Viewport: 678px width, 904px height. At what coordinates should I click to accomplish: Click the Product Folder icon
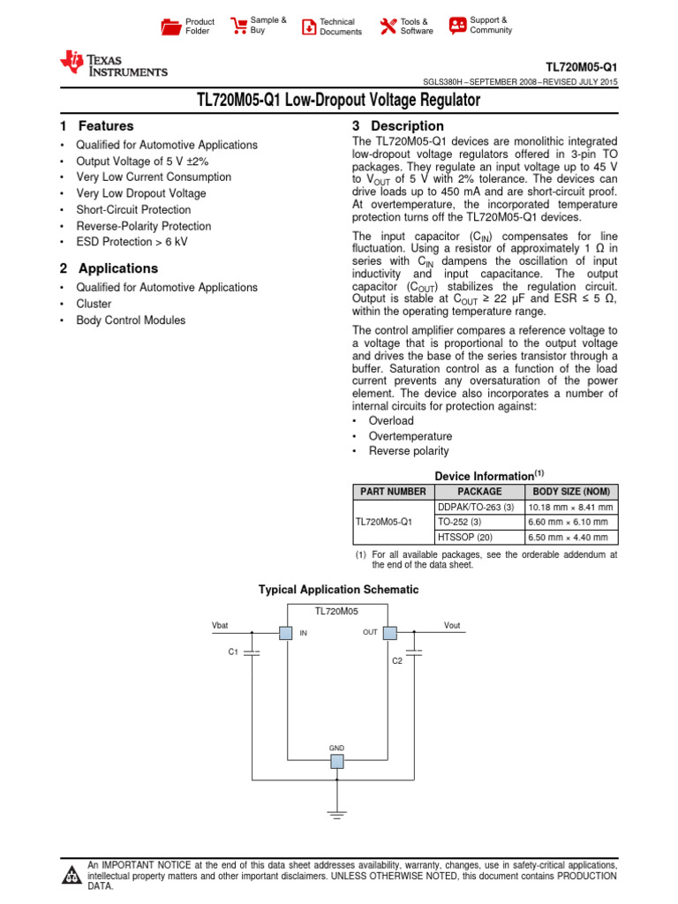170,26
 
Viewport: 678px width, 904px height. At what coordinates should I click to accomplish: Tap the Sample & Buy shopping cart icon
238,26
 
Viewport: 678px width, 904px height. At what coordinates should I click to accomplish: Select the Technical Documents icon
309,26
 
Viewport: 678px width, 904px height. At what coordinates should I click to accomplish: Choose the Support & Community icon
457,26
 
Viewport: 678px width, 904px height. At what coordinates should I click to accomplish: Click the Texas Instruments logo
113,64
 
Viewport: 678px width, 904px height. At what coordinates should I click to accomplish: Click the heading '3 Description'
398,126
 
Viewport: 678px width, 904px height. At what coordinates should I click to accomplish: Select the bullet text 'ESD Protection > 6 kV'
132,242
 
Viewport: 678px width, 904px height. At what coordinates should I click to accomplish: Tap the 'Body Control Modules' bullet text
131,320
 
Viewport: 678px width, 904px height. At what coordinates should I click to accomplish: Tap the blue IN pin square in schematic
285,632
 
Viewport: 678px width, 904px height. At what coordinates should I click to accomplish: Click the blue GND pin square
337,761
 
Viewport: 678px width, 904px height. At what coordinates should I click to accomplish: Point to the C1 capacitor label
233,652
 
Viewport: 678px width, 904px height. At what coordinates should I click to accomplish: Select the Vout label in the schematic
452,625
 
